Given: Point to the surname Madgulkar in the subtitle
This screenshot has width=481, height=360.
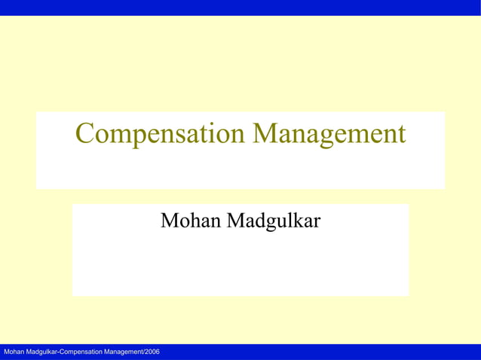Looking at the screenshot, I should click(272, 221).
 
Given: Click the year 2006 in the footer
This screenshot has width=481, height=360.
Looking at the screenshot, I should click(152, 352).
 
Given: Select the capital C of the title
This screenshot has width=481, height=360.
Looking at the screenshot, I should click(86, 134).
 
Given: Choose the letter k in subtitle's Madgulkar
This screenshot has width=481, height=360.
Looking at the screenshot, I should click(298, 221).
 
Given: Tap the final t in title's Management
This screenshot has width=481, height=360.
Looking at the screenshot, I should click(401, 135).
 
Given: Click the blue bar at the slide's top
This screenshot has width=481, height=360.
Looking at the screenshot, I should click(240, 8).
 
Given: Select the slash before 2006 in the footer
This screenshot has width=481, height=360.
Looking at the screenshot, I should click(142, 352).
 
